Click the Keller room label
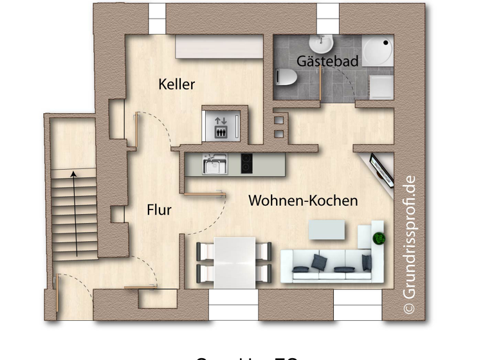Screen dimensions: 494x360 pyautogui.click(x=176, y=84)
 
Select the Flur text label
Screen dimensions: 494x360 pyautogui.click(x=159, y=210)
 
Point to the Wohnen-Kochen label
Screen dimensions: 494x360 pyautogui.click(x=303, y=201)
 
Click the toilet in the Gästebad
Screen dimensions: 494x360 pyautogui.click(x=284, y=78)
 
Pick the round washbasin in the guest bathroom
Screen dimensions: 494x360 pyautogui.click(x=320, y=44)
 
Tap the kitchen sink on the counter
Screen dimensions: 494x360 pyautogui.click(x=213, y=164)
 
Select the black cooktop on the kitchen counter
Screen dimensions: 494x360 pyautogui.click(x=247, y=163)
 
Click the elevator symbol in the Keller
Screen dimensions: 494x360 pyautogui.click(x=221, y=125)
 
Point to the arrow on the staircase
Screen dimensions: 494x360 pyautogui.click(x=75, y=212)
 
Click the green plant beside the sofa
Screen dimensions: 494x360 pyautogui.click(x=378, y=238)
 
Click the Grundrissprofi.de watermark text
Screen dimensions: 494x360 pyautogui.click(x=409, y=244)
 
